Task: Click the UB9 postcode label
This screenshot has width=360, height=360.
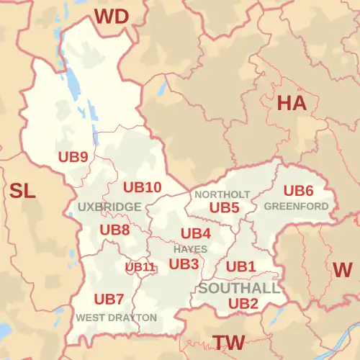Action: click(x=73, y=156)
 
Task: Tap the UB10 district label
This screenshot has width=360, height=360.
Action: click(x=142, y=187)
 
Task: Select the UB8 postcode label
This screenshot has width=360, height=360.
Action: click(x=114, y=230)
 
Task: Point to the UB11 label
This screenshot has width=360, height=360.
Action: click(x=140, y=267)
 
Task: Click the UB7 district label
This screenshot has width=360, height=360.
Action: click(x=109, y=299)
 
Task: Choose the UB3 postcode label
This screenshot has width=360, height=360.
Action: click(x=184, y=264)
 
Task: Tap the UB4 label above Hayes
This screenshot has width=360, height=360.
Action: click(x=195, y=233)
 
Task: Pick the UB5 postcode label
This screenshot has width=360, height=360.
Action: click(x=224, y=207)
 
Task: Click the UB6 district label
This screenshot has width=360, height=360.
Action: click(x=298, y=191)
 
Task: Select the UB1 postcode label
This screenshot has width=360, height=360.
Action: click(x=241, y=266)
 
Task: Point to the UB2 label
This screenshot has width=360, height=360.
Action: click(x=243, y=304)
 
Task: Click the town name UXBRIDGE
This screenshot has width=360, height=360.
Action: click(x=109, y=207)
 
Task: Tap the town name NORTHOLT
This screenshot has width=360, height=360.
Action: click(x=222, y=194)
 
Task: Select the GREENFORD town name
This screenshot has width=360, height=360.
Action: click(x=297, y=207)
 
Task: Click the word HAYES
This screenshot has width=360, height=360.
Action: click(x=190, y=249)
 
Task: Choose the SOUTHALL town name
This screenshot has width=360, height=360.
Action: click(x=239, y=288)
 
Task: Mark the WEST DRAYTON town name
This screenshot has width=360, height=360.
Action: click(x=116, y=317)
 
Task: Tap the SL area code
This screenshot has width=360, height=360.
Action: click(x=22, y=191)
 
